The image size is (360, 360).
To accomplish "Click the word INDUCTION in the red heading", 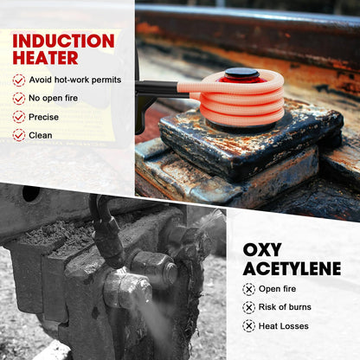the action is click(x=63, y=41).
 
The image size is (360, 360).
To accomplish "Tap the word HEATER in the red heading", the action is click(x=45, y=58).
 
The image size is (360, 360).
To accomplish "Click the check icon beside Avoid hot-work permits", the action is click(x=19, y=80).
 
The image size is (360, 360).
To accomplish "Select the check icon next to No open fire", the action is click(x=19, y=99).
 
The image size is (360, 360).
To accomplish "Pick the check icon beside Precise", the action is click(x=19, y=117).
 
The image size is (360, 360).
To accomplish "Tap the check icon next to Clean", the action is click(x=19, y=135).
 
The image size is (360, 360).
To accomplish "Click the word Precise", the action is click(x=43, y=117).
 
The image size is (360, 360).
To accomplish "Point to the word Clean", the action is click(x=41, y=135).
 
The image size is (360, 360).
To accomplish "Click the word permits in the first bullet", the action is click(x=106, y=80).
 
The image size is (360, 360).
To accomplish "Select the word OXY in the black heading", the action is click(x=262, y=249).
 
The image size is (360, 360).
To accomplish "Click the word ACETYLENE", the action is click(x=292, y=269).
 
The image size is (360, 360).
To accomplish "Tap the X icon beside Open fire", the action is click(x=248, y=289).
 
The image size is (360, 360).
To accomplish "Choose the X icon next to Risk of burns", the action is click(x=248, y=307).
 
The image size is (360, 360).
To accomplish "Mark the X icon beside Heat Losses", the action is click(x=248, y=326).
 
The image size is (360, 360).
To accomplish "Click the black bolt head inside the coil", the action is click(x=242, y=73).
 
